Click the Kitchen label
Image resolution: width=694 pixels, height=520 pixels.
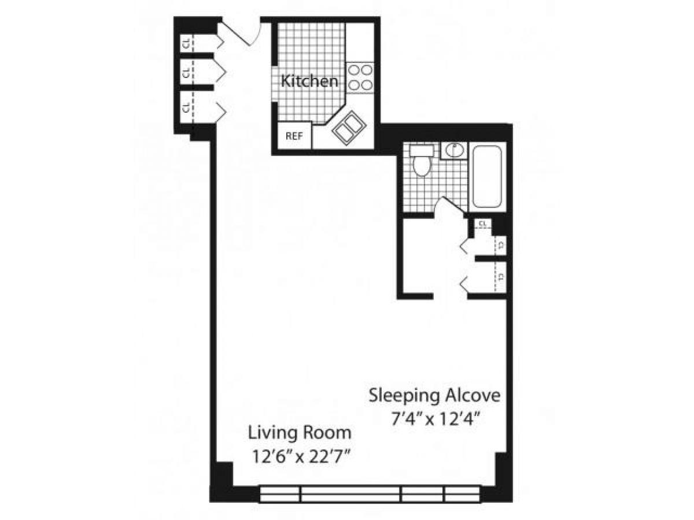click(309, 81)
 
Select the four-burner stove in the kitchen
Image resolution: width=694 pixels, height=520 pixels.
click(360, 77)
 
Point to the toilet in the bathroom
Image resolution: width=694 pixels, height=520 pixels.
click(422, 161)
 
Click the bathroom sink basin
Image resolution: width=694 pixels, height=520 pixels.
click(454, 150)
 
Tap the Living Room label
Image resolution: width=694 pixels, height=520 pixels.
click(300, 432)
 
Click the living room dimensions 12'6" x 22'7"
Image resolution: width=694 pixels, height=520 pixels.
click(300, 456)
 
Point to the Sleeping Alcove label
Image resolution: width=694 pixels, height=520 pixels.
click(434, 396)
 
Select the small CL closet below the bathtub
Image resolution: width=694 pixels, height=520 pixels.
click(482, 224)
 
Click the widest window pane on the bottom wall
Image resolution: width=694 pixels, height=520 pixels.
click(350, 494)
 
